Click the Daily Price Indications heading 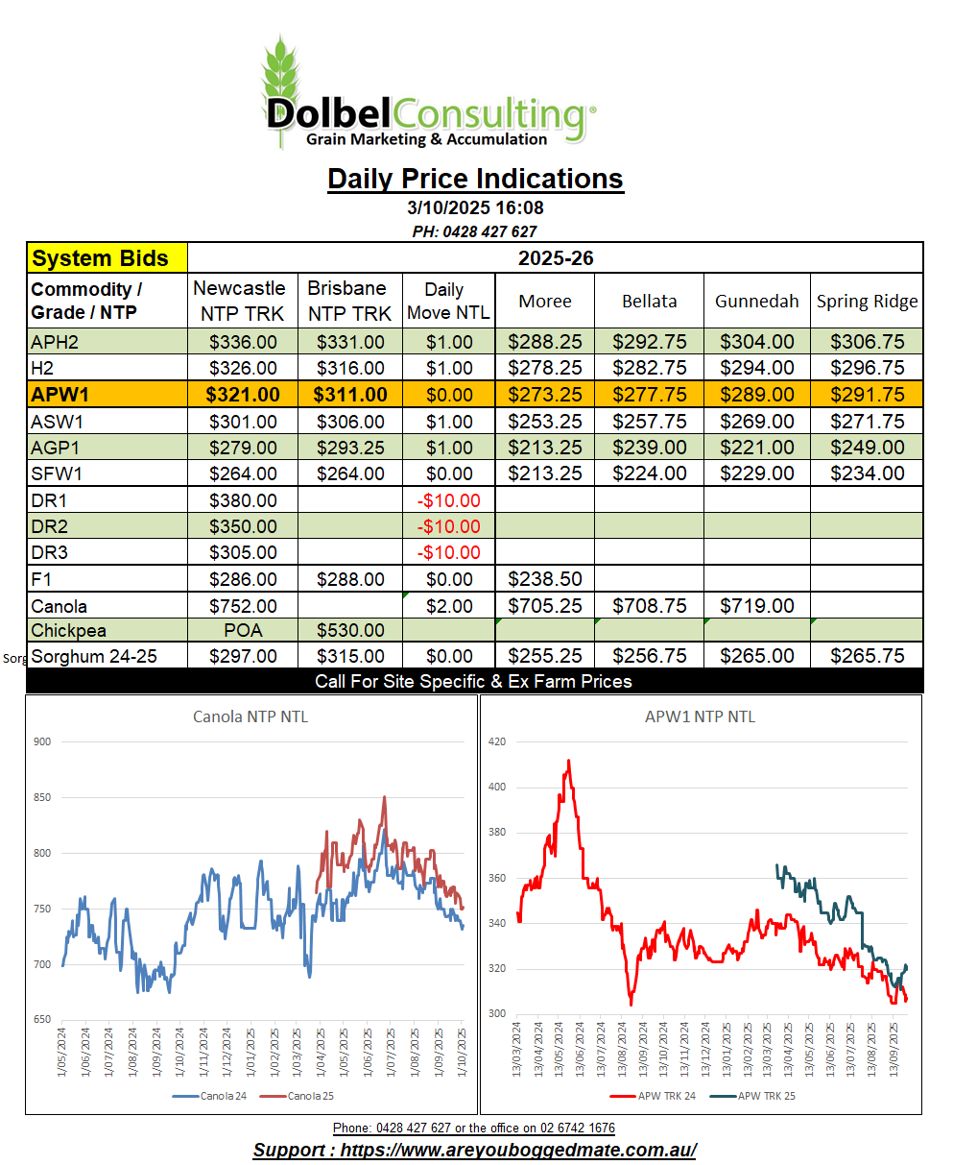[x=475, y=179]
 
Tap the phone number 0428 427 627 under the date [x=475, y=231]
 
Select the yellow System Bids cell [x=107, y=258]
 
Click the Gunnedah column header [x=756, y=301]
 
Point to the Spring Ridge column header [x=867, y=301]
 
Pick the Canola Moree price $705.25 [x=544, y=606]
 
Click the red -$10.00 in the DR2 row [x=447, y=526]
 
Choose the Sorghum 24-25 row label [x=94, y=657]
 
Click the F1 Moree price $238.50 [x=544, y=579]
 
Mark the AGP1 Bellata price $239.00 [x=649, y=448]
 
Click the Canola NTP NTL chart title [x=250, y=716]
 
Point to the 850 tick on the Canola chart [x=43, y=797]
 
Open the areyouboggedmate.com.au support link [x=475, y=1150]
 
